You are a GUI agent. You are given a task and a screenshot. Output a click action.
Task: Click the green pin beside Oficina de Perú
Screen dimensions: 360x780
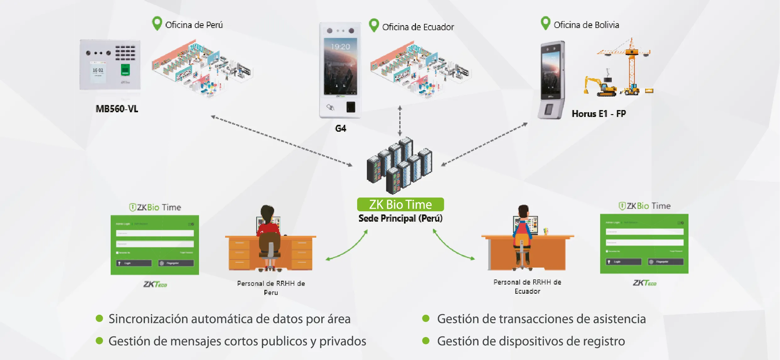(157, 23)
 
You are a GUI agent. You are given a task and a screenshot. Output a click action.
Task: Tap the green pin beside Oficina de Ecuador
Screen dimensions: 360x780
(374, 25)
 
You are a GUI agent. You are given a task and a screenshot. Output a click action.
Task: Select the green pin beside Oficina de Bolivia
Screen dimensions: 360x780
(545, 22)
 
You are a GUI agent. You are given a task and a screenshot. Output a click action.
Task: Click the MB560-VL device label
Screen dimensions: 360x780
(117, 109)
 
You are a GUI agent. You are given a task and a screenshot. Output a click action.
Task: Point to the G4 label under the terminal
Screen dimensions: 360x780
(340, 128)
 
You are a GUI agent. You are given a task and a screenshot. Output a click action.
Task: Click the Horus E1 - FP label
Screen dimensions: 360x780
(599, 114)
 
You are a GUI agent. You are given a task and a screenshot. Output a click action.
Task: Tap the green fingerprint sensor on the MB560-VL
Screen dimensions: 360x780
(125, 70)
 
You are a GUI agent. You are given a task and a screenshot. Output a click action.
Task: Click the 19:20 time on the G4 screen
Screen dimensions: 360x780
(340, 47)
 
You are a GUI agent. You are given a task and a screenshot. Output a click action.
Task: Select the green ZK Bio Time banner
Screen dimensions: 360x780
(400, 204)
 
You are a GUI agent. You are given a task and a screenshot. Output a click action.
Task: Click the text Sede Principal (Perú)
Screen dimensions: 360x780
(400, 218)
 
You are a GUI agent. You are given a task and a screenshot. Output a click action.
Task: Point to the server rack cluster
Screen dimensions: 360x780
(399, 165)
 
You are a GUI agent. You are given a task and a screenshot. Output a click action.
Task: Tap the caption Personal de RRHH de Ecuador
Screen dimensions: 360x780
(527, 286)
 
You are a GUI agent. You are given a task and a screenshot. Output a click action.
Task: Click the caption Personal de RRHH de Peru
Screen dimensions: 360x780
(271, 288)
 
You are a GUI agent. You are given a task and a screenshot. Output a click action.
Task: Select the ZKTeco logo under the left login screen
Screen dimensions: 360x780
(155, 284)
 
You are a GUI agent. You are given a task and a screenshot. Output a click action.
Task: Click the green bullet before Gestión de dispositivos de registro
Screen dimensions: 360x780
(426, 341)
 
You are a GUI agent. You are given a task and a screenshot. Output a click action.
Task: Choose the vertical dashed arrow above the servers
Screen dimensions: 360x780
(400, 121)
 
